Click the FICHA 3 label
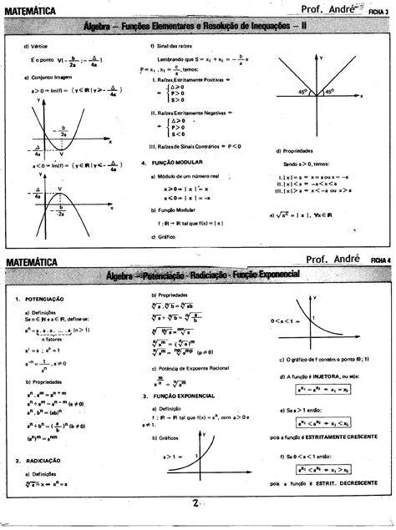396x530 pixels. pos(379,13)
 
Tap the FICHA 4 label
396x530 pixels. pos(380,260)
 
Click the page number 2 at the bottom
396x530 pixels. pos(195,503)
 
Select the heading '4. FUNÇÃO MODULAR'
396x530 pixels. pos(175,163)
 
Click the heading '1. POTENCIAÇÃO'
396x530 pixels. pos(42,299)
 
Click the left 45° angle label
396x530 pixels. pos(303,92)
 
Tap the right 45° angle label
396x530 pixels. pos(330,92)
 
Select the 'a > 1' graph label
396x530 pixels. pos(172,457)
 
